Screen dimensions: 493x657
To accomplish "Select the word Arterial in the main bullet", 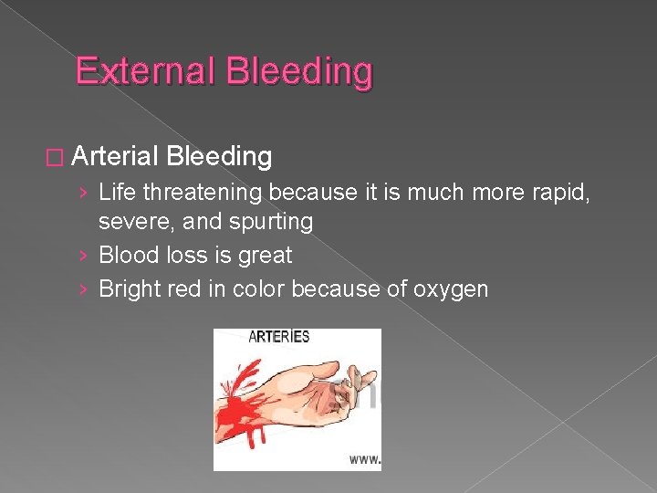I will [x=114, y=157].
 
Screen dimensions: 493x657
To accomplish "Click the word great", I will [x=264, y=257].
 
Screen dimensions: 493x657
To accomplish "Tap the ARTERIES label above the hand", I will [x=278, y=336].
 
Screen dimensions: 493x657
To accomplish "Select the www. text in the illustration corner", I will [x=365, y=460].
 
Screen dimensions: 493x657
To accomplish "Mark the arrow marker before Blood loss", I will [x=84, y=257].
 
